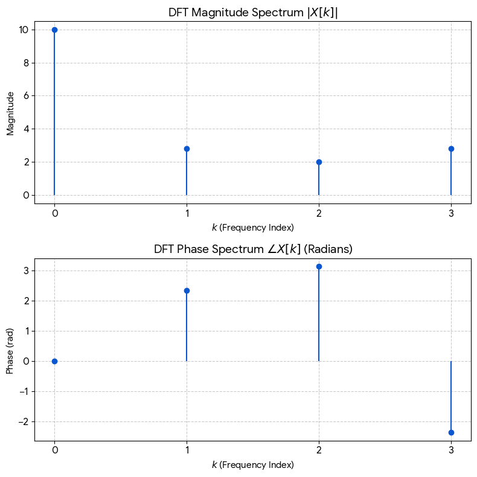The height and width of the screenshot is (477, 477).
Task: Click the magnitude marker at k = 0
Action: pos(54,30)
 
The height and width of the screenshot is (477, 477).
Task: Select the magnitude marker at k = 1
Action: pos(187,149)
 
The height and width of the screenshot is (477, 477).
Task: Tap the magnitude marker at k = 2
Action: pos(319,162)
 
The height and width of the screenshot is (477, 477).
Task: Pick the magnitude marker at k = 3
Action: pos(451,149)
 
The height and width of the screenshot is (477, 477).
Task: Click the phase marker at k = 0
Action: pos(54,362)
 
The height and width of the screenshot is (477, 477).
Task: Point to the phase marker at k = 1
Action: pos(187,291)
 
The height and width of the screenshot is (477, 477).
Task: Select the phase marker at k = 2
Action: pos(319,267)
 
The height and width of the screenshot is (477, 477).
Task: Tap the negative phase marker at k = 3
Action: pos(451,432)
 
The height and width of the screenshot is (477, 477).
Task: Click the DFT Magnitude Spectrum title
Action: pos(253,13)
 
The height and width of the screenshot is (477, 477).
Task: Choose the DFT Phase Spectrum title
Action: pos(253,249)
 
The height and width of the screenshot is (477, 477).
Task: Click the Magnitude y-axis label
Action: pos(10,114)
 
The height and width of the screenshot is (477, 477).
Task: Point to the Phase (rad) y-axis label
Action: pos(10,351)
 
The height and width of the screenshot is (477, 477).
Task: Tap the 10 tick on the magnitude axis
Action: pos(24,30)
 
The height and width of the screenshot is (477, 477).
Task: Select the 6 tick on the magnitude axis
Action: pos(26,96)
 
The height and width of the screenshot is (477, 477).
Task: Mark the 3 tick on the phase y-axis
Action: pos(26,271)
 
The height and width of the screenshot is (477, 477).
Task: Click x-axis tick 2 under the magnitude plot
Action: pos(319,214)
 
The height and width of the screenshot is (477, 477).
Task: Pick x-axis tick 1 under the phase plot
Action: pos(187,450)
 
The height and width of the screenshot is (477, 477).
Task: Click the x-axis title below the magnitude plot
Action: pos(253,228)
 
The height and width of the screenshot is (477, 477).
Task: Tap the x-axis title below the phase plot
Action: pos(253,465)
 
